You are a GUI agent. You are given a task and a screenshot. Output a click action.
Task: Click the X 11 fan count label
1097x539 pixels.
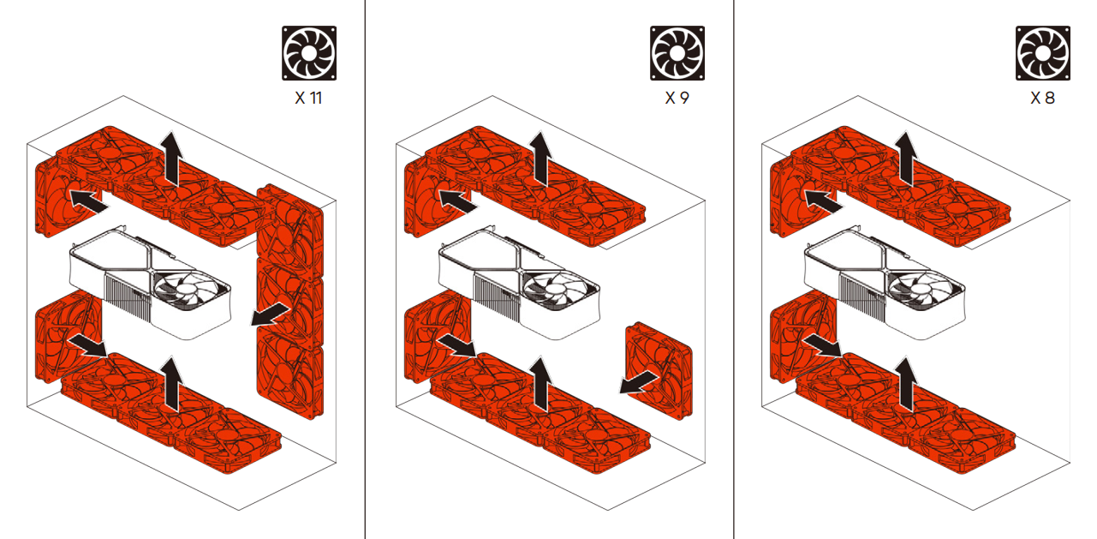[x=308, y=98]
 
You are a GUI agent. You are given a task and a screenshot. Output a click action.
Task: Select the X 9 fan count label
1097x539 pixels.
[x=677, y=98]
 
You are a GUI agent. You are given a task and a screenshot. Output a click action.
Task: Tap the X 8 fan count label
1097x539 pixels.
[x=1043, y=98]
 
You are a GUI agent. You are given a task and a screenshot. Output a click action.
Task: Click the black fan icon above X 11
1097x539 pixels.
[x=309, y=53]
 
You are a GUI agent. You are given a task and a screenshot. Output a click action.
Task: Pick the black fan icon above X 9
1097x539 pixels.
[x=677, y=53]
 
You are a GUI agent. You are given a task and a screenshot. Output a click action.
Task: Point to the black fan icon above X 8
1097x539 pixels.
[x=1043, y=53]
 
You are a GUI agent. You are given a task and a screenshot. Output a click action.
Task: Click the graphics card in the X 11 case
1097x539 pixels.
[x=150, y=283]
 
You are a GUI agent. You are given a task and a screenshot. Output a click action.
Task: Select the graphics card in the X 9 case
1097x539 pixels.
[x=519, y=283]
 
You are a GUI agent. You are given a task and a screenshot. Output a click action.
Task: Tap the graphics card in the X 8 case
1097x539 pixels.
[x=885, y=283]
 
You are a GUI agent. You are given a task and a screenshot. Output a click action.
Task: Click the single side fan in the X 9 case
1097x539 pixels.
[x=659, y=370]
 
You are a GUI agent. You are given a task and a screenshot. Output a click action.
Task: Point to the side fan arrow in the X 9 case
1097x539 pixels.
[x=639, y=382]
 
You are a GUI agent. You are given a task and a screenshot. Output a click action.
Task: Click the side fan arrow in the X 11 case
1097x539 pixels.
[x=270, y=314]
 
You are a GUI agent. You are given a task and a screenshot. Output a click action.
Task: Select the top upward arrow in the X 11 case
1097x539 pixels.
[x=171, y=159]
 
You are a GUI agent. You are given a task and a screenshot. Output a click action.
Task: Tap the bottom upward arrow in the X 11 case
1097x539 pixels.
[x=171, y=384]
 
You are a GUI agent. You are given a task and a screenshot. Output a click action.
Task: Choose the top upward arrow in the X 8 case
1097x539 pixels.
[x=905, y=159]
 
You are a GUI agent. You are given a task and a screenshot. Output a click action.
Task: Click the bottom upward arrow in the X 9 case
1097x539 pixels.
[x=540, y=384]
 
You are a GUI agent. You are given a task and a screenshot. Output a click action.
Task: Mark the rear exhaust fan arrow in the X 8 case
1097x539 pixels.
[x=823, y=202]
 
